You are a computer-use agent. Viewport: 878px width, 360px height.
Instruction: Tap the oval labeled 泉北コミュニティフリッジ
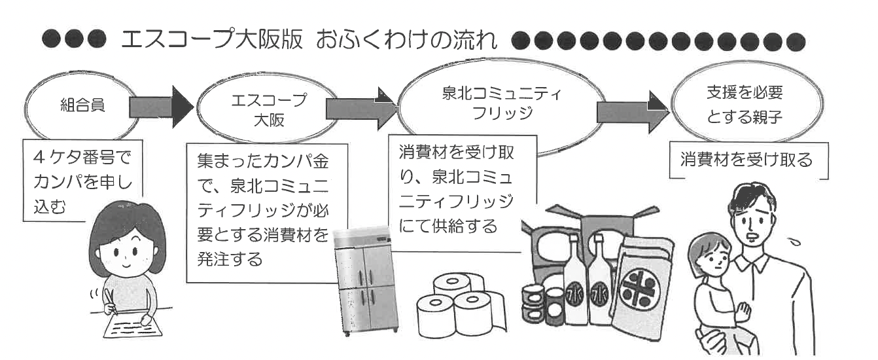tap(501, 102)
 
